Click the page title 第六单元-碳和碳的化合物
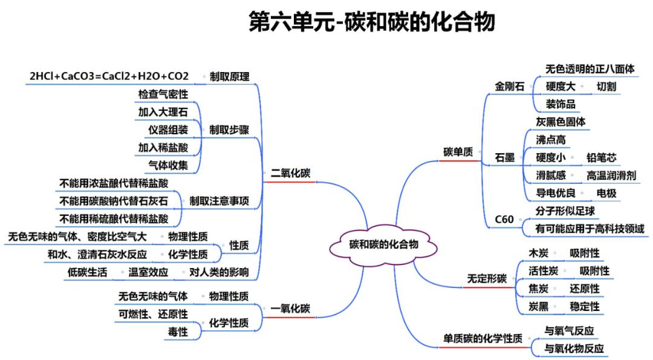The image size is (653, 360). [372, 22]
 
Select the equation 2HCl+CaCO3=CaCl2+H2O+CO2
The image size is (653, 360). [109, 76]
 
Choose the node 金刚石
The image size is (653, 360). [510, 86]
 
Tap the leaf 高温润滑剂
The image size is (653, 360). [611, 175]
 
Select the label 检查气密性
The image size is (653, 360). [163, 94]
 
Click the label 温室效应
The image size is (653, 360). [148, 272]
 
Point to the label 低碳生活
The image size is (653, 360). [87, 272]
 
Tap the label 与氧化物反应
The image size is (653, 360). [574, 349]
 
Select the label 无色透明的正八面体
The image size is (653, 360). [590, 69]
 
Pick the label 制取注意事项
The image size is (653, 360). [219, 200]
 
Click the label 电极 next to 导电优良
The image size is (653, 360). [606, 194]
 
